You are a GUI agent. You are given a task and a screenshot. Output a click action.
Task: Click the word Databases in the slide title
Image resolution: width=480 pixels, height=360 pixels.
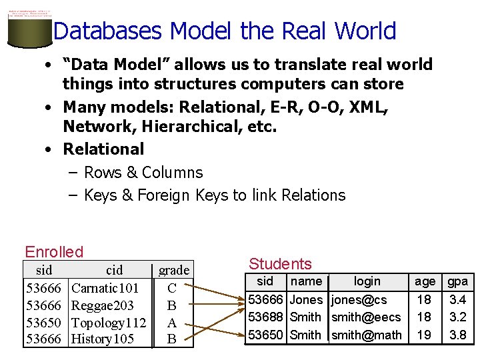click(107, 31)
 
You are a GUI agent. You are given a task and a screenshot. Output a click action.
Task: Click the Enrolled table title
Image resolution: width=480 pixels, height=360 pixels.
click(54, 252)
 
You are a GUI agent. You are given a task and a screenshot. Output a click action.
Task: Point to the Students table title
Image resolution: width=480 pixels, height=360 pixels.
click(280, 264)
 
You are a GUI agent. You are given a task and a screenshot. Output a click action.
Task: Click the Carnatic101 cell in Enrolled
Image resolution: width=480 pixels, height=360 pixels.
click(105, 289)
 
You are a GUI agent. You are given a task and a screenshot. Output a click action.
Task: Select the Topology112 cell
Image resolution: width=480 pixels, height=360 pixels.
click(109, 323)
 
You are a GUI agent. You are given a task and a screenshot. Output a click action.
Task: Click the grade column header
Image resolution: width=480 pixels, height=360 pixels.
click(174, 270)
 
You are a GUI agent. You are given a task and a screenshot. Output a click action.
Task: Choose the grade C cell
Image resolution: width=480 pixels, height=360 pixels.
click(172, 289)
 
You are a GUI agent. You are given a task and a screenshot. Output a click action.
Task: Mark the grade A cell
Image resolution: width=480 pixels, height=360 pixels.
click(172, 323)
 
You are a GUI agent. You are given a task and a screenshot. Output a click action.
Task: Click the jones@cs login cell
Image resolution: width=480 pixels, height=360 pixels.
click(359, 300)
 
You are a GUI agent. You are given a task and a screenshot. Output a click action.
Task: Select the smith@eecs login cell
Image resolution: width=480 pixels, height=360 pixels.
click(366, 317)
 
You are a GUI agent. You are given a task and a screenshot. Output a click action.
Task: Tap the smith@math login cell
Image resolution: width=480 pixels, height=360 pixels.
click(366, 335)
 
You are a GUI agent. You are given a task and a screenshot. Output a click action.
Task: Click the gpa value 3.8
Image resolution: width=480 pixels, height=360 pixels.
click(457, 335)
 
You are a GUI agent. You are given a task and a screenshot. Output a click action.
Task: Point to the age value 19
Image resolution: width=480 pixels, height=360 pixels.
click(424, 335)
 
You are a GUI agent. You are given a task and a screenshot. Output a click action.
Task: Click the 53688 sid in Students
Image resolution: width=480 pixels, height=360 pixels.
click(265, 317)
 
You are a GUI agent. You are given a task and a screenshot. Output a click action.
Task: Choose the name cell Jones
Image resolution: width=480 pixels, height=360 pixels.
click(306, 300)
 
